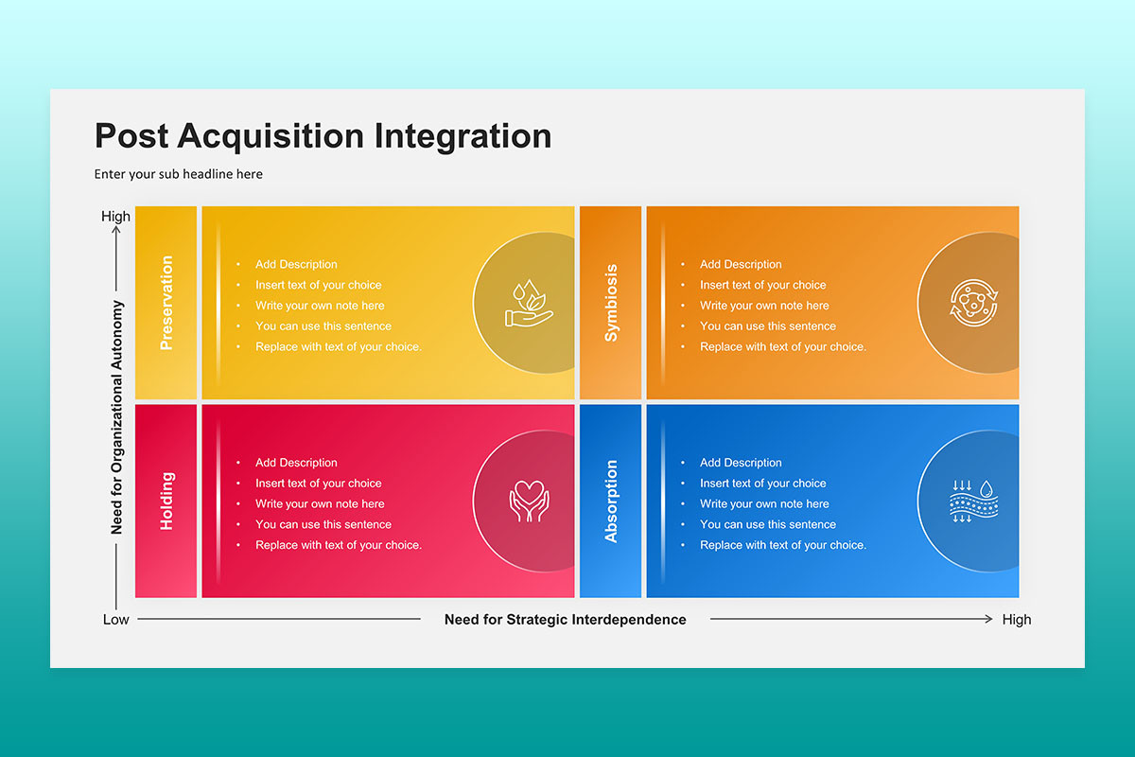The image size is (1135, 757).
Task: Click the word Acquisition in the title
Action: pyautogui.click(x=271, y=137)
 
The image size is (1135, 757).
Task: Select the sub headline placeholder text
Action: pyautogui.click(x=179, y=174)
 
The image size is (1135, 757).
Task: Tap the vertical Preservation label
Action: pyautogui.click(x=166, y=303)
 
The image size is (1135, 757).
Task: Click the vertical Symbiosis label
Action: pyautogui.click(x=611, y=303)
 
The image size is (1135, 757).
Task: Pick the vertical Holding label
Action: pyautogui.click(x=166, y=501)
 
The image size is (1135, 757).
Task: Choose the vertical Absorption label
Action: pyautogui.click(x=611, y=501)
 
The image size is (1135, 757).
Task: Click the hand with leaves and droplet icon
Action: pyautogui.click(x=529, y=303)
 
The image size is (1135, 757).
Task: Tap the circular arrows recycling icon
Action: pyautogui.click(x=973, y=303)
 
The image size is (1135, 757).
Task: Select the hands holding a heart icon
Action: pyautogui.click(x=529, y=501)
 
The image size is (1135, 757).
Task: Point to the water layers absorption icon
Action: pyautogui.click(x=973, y=501)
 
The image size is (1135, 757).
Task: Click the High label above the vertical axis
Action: pyautogui.click(x=115, y=217)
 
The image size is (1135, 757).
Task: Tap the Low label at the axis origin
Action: pyautogui.click(x=116, y=620)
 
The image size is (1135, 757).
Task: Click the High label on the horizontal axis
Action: pyautogui.click(x=1017, y=620)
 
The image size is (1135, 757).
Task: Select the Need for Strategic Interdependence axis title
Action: pyautogui.click(x=565, y=620)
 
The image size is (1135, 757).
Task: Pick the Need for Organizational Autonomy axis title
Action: pyautogui.click(x=116, y=417)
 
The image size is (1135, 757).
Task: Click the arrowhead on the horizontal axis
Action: pyautogui.click(x=989, y=619)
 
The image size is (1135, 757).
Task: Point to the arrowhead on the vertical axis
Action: pyautogui.click(x=116, y=230)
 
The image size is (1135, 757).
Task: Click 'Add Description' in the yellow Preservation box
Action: pyautogui.click(x=296, y=264)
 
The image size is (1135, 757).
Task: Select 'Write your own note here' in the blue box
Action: pyautogui.click(x=764, y=504)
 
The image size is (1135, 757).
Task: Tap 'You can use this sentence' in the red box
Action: pyautogui.click(x=323, y=524)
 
